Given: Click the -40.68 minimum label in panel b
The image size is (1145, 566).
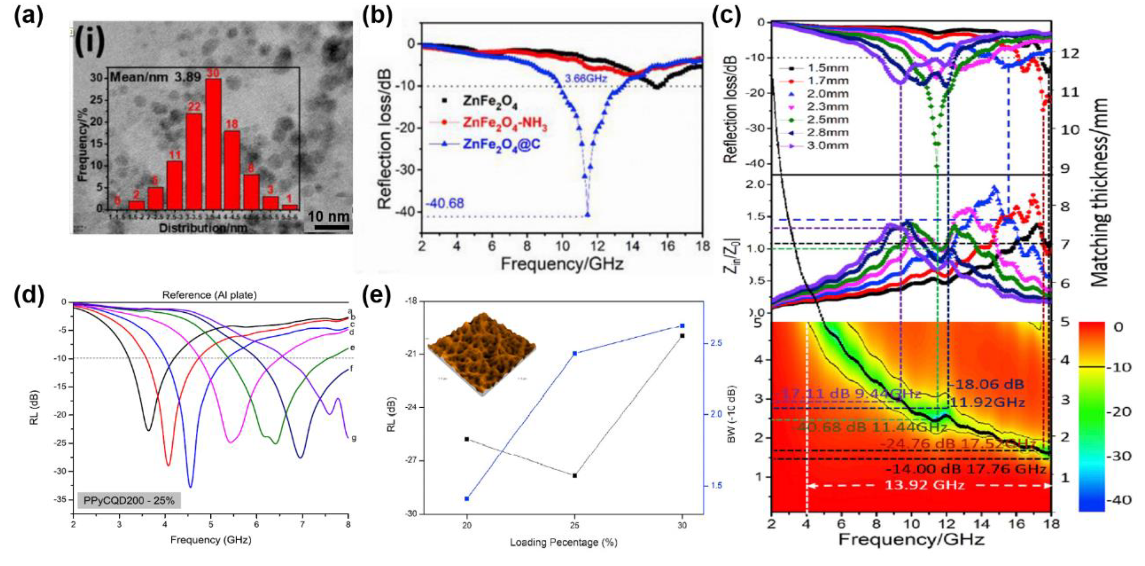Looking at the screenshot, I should point(445,204).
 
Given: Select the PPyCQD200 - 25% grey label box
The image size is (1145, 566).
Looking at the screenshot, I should point(129,500).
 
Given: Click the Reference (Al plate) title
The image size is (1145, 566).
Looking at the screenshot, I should point(209,295).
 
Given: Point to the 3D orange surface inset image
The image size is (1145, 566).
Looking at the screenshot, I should point(481,353).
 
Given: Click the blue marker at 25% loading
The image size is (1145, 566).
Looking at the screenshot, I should point(575,354).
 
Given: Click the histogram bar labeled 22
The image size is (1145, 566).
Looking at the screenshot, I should point(194,161).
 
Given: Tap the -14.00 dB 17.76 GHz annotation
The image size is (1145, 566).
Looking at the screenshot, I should point(964,469).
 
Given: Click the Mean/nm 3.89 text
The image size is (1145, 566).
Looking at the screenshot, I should point(156,77).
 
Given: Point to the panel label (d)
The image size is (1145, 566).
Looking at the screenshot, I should point(29,295).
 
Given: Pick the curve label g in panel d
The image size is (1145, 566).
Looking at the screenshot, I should point(354,438).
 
